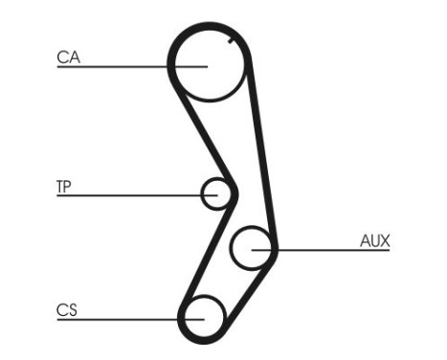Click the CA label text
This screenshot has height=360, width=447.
point(68,57)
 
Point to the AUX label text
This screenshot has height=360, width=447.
point(374,241)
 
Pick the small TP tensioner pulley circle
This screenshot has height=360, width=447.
point(217,194)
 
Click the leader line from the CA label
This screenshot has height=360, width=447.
point(115,66)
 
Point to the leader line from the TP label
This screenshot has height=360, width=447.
point(124,194)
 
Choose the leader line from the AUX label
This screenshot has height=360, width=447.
point(325,251)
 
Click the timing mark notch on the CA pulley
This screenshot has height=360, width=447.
point(233,42)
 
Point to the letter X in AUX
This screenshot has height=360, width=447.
point(384,241)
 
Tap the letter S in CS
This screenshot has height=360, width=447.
point(73,309)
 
